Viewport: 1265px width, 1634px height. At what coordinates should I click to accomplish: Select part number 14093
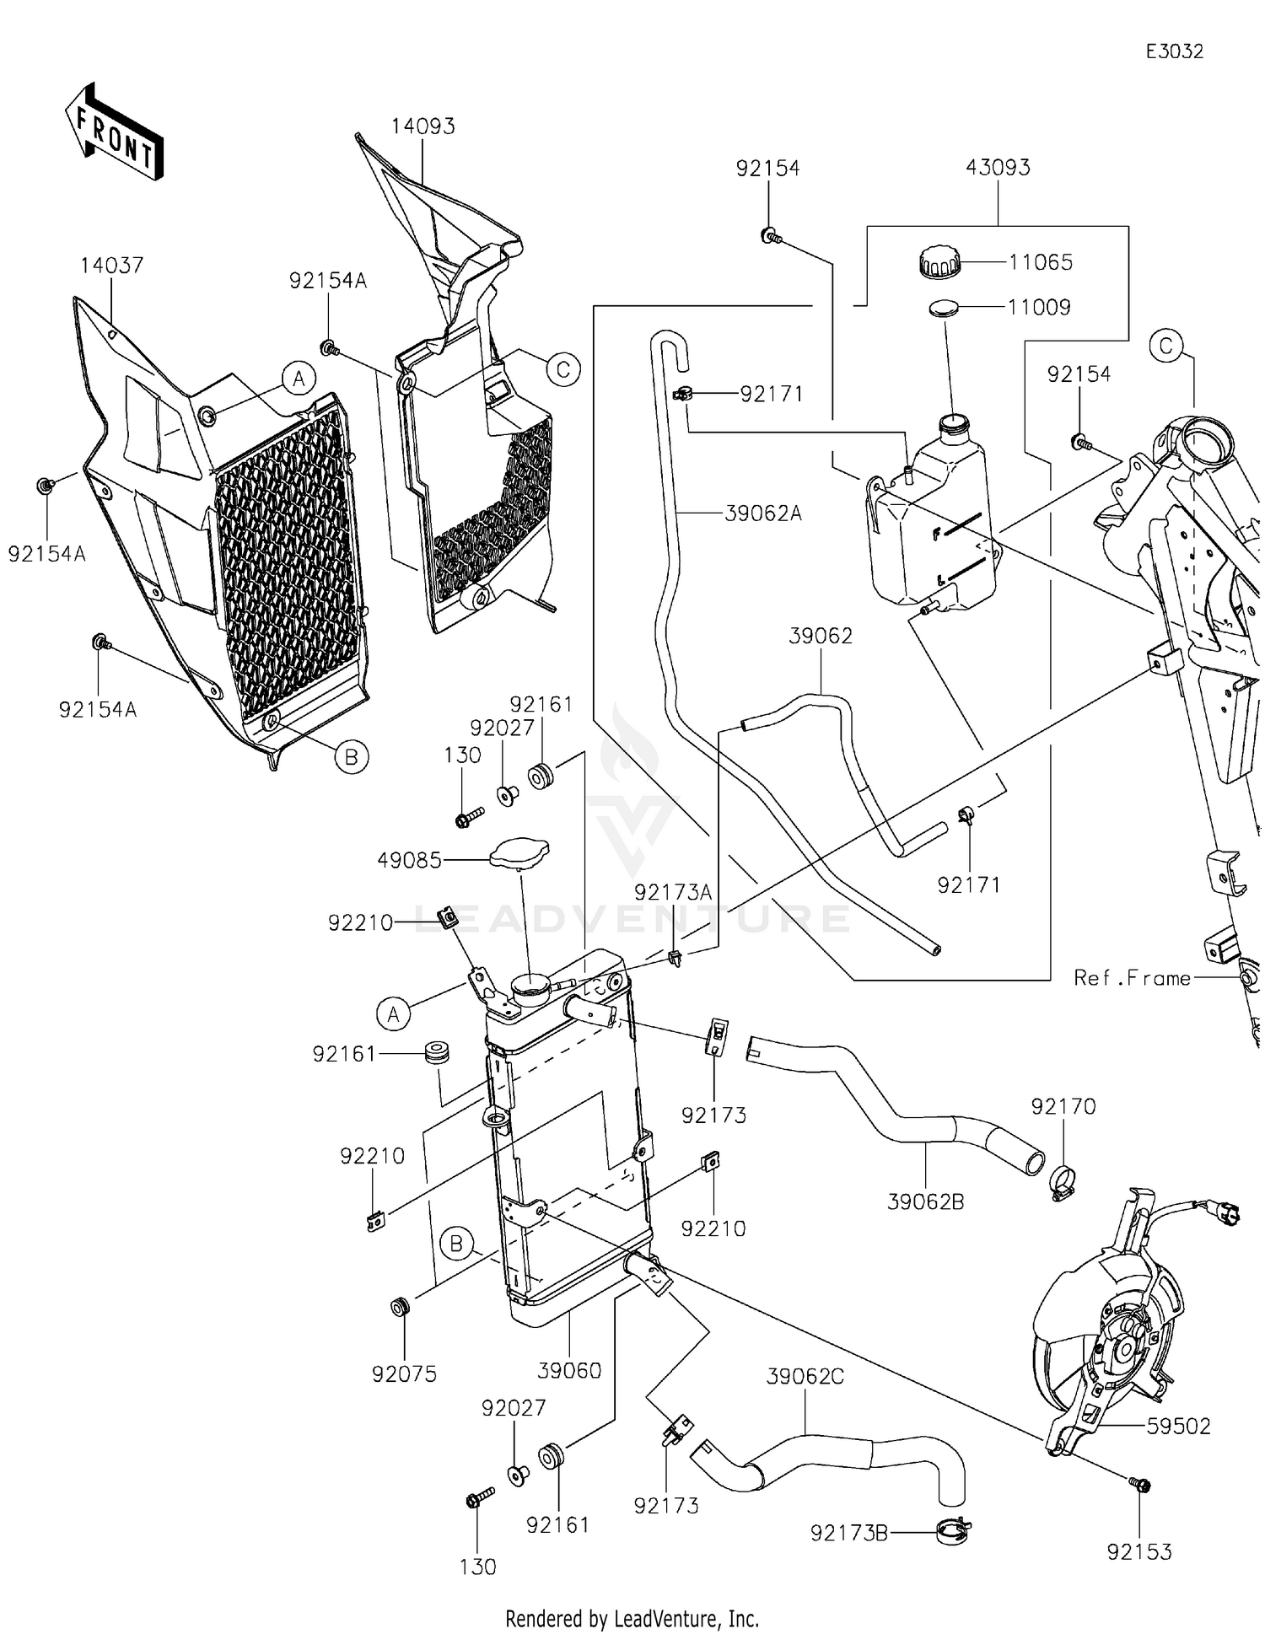pyautogui.click(x=423, y=126)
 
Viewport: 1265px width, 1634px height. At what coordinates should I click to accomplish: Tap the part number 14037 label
pyautogui.click(x=111, y=266)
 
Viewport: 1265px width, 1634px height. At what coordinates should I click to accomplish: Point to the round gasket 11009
pyautogui.click(x=945, y=309)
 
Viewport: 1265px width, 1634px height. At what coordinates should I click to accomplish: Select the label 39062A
pyautogui.click(x=763, y=513)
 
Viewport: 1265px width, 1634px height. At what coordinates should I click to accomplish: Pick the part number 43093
pyautogui.click(x=998, y=168)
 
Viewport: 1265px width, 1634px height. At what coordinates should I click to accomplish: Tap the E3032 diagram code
pyautogui.click(x=1174, y=51)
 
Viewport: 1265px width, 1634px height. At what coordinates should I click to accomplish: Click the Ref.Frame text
pyautogui.click(x=1132, y=978)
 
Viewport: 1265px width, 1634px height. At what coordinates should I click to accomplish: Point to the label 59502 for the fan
pyautogui.click(x=1178, y=1427)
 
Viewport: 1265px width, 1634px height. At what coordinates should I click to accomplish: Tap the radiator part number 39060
pyautogui.click(x=570, y=1371)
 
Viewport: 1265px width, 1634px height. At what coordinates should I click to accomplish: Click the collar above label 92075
pyautogui.click(x=400, y=1308)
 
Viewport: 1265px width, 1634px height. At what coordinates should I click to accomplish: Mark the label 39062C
pyautogui.click(x=805, y=1377)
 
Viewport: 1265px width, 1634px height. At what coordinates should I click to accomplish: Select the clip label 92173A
pyautogui.click(x=673, y=893)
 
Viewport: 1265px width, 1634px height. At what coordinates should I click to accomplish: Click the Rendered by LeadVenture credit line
pyautogui.click(x=632, y=1618)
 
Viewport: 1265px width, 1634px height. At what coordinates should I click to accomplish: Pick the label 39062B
pyautogui.click(x=925, y=1202)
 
